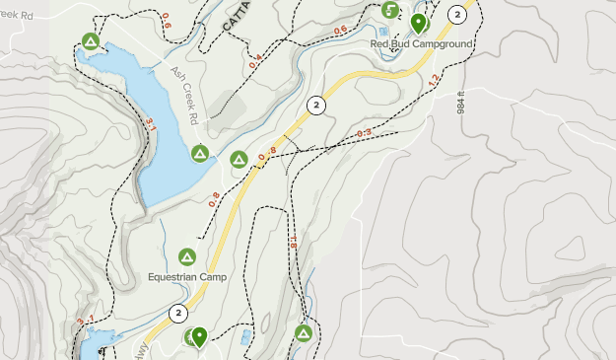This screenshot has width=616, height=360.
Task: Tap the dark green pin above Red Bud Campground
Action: [418, 22]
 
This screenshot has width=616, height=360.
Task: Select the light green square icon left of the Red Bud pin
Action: [390, 10]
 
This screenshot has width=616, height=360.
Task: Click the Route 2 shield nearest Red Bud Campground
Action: [456, 14]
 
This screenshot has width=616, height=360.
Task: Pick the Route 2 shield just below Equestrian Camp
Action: [177, 314]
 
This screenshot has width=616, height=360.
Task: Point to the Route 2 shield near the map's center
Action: [315, 105]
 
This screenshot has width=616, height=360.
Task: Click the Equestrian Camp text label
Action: [187, 277]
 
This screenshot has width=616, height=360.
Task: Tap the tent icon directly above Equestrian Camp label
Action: [187, 257]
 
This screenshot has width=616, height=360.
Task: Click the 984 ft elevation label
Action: [488, 97]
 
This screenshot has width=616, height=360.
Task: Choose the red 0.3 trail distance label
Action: [363, 133]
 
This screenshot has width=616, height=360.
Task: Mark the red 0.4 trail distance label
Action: [255, 65]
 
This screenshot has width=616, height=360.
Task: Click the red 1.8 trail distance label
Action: [293, 241]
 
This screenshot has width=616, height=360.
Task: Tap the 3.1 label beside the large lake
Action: [151, 124]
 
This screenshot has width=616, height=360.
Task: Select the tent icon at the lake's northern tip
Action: [90, 41]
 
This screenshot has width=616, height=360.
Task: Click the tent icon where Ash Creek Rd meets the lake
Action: [199, 153]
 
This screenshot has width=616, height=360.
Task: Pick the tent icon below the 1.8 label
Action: [303, 333]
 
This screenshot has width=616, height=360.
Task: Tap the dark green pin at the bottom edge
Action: [199, 337]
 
